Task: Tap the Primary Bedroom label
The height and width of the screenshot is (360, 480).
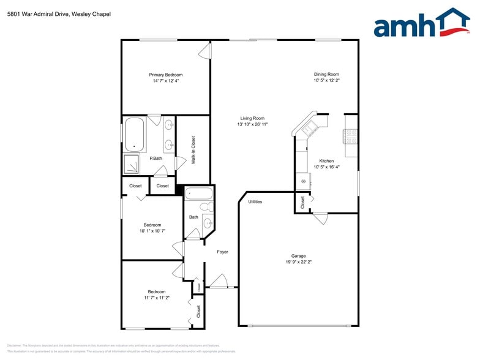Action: tap(165, 75)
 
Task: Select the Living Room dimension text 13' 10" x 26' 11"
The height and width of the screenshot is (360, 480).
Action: tap(252, 124)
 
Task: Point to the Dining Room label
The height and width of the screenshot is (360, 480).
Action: tap(326, 74)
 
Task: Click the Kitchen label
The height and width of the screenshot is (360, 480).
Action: tap(326, 161)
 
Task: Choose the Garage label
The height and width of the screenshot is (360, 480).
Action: tap(298, 256)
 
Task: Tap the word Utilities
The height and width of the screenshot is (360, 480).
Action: tap(255, 201)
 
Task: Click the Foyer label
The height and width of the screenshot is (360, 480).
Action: tap(222, 252)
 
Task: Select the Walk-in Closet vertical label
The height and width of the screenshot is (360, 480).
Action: tap(193, 150)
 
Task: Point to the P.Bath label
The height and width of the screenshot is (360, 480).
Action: tap(156, 159)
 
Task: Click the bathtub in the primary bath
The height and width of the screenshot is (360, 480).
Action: tap(134, 135)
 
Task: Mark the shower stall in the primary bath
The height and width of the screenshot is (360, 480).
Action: tap(132, 163)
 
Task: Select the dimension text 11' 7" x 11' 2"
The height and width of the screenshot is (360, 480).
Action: tap(157, 298)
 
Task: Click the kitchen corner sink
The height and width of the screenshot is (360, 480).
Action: tap(307, 127)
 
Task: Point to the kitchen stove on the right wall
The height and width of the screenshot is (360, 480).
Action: tap(351, 136)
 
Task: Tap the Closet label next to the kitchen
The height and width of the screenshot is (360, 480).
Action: tap(302, 201)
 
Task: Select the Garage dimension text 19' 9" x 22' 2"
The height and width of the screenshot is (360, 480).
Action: tap(298, 262)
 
